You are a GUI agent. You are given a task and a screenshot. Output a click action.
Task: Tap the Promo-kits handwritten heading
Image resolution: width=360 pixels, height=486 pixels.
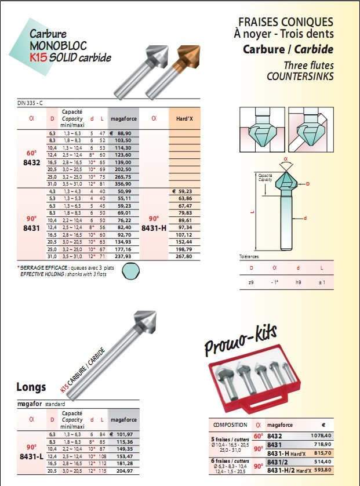(x=241, y=340)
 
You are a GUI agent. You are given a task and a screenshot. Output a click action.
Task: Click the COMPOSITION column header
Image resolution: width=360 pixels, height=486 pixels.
(x=230, y=425)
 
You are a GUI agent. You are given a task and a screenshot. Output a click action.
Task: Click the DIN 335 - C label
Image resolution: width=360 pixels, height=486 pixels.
(x=30, y=103)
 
